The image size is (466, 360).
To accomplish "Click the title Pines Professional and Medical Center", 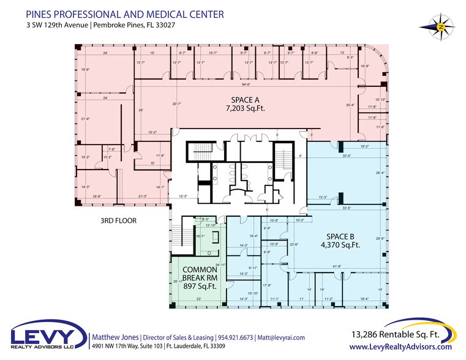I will (x=125, y=14).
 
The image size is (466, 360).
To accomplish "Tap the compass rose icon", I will (x=439, y=26).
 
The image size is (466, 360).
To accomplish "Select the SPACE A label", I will (x=244, y=99).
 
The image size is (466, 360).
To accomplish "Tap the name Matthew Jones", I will (x=115, y=337).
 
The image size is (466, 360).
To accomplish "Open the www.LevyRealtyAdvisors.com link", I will (x=400, y=347).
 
